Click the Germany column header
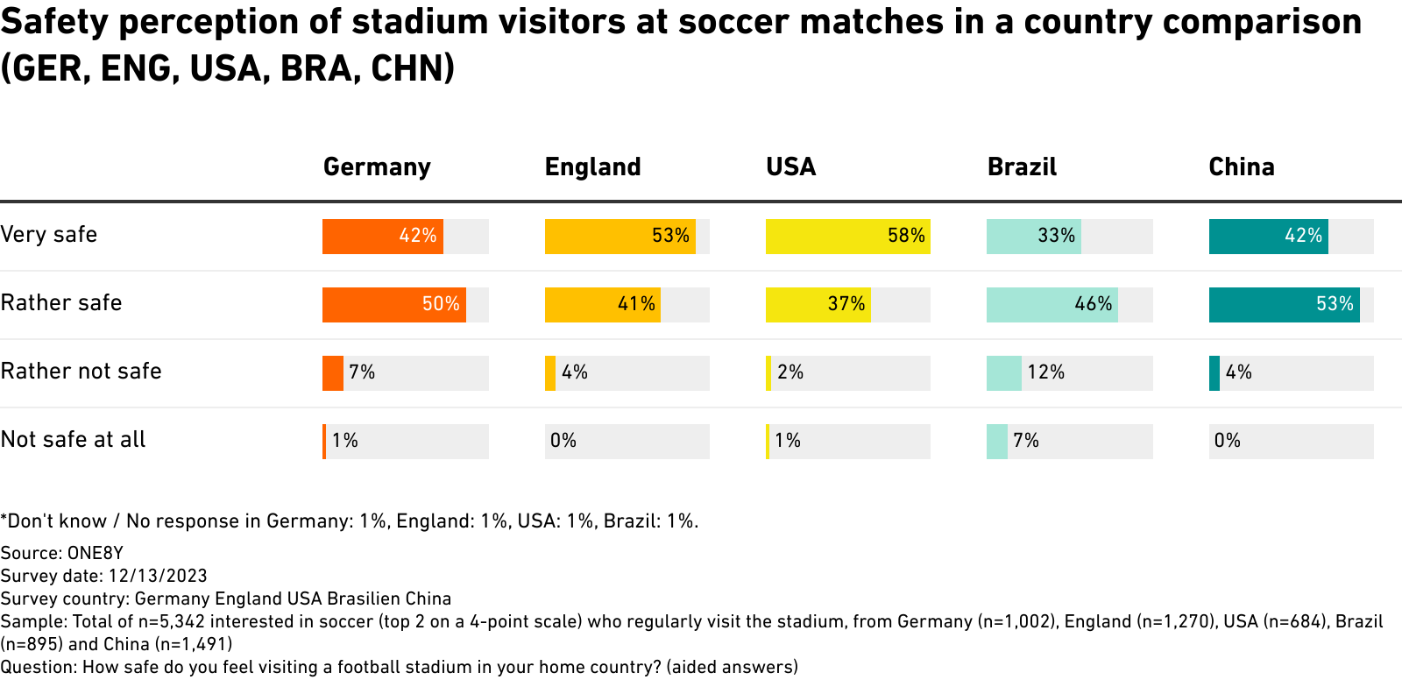(x=377, y=166)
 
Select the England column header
(x=592, y=166)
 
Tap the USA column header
(x=790, y=166)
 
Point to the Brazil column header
(x=1022, y=166)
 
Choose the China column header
(x=1241, y=166)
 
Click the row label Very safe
(x=49, y=235)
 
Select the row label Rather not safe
(x=81, y=372)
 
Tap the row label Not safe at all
(x=73, y=440)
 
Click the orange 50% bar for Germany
(x=393, y=305)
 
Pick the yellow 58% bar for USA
(x=847, y=237)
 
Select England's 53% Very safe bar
(x=620, y=237)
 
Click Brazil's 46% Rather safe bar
(x=1051, y=305)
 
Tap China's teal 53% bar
(x=1284, y=305)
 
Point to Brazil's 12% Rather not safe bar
(x=1003, y=373)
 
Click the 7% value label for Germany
(x=362, y=372)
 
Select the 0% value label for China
(x=1227, y=441)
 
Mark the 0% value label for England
(x=563, y=441)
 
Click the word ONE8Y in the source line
(x=96, y=553)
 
